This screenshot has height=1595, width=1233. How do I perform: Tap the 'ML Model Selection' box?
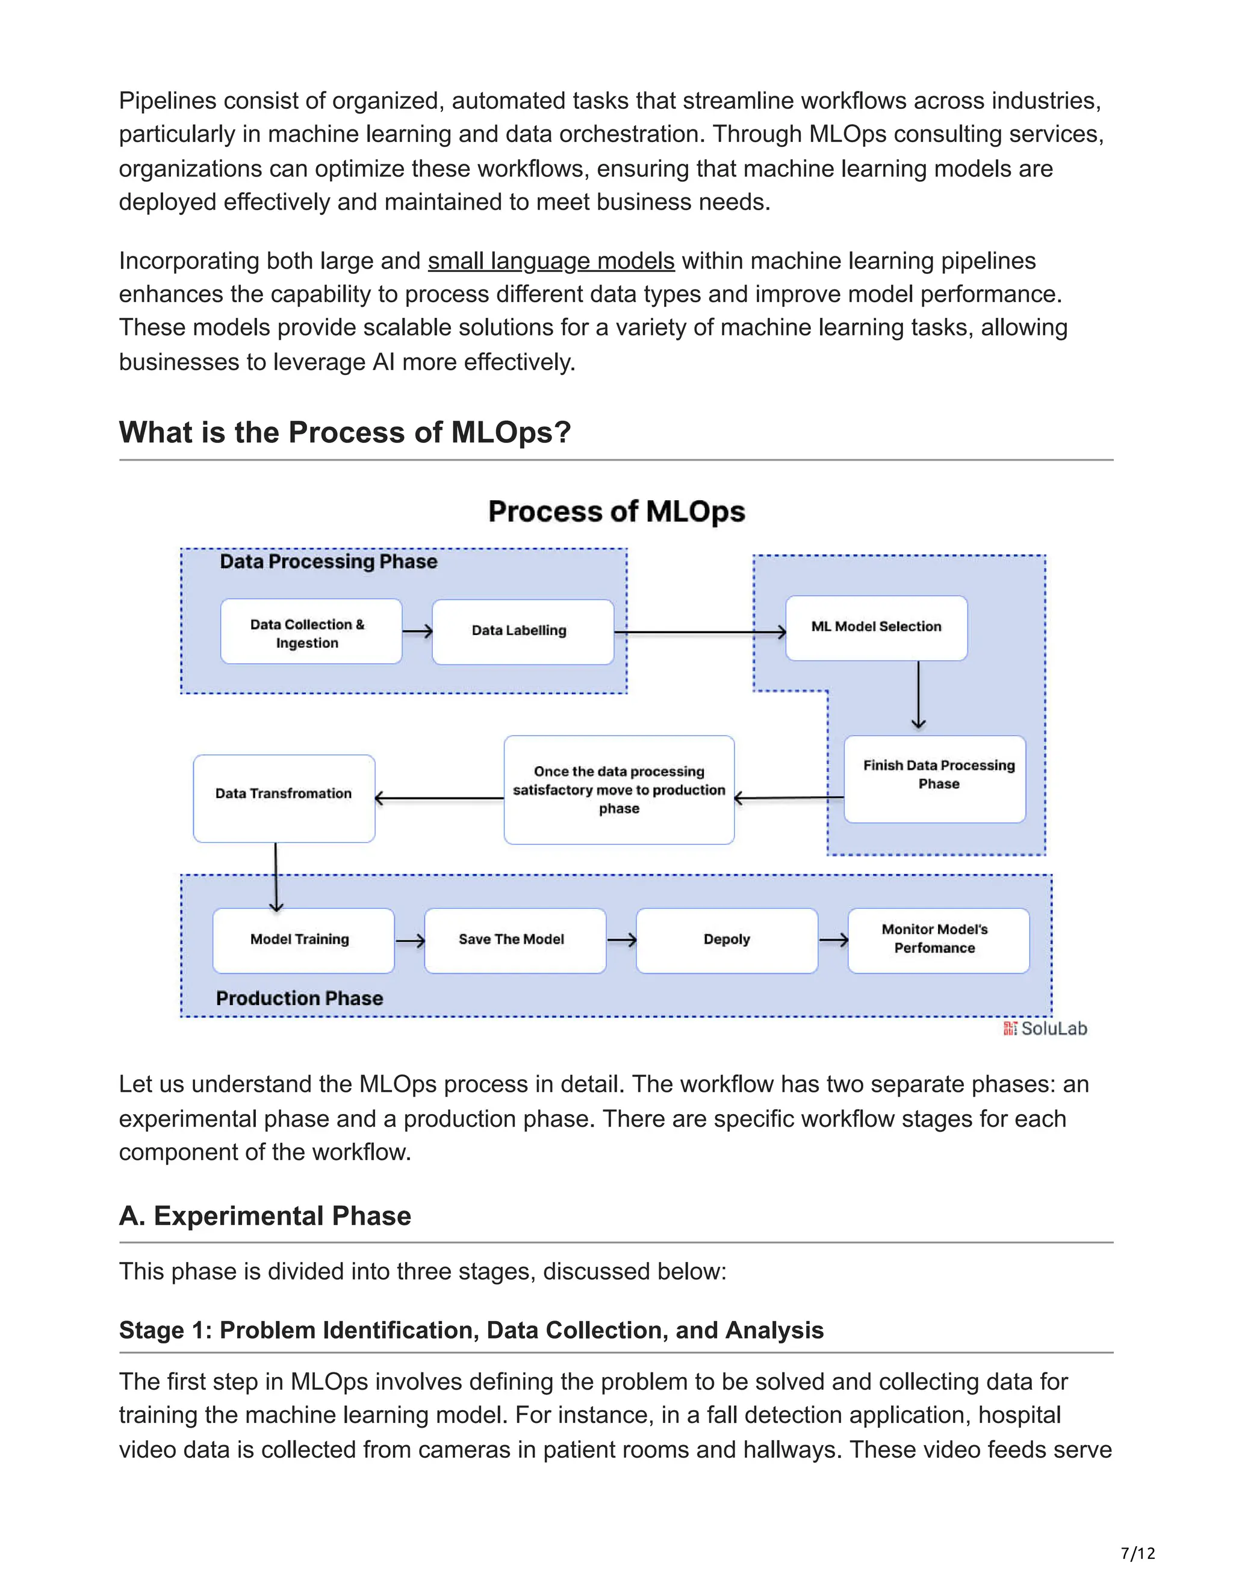pyautogui.click(x=876, y=628)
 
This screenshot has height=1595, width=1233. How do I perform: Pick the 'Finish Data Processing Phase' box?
pyautogui.click(x=934, y=778)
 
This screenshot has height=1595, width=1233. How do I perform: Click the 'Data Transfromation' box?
pyautogui.click(x=284, y=797)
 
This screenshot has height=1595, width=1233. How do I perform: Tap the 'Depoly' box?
pyautogui.click(x=726, y=940)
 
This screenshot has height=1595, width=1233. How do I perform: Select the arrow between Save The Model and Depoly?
pyautogui.click(x=621, y=941)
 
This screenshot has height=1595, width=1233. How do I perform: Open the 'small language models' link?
pyautogui.click(x=551, y=261)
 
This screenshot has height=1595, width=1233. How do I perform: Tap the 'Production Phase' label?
pyautogui.click(x=299, y=999)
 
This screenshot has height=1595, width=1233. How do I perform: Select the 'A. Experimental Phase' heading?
pyautogui.click(x=265, y=1216)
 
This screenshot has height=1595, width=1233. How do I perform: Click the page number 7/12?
pyautogui.click(x=1137, y=1553)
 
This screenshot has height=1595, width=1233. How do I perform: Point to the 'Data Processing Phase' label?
pyautogui.click(x=329, y=562)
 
